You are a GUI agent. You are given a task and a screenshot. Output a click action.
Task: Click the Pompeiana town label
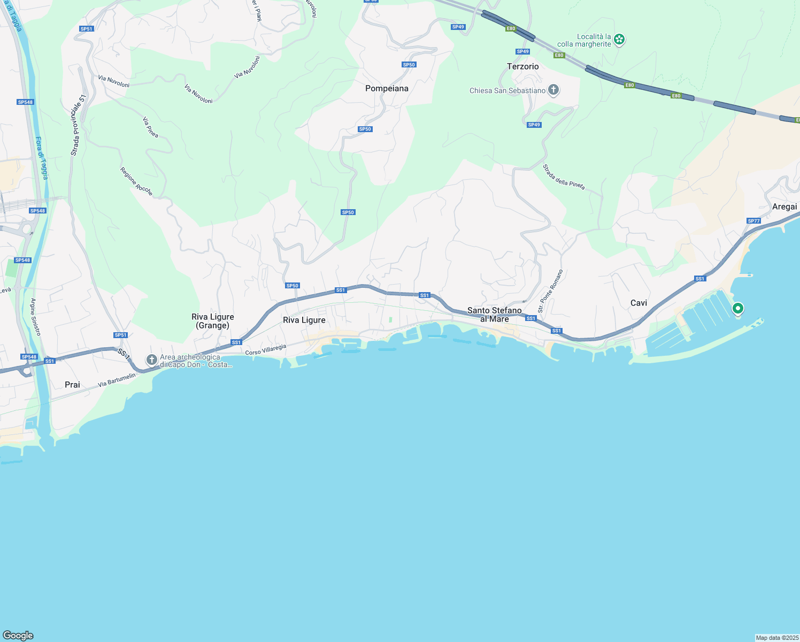[x=387, y=88]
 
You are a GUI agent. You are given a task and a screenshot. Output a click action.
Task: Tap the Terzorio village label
[x=522, y=66]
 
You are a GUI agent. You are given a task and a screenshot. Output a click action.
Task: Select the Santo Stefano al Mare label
[x=494, y=315]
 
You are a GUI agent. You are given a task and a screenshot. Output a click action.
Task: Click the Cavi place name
[x=639, y=303]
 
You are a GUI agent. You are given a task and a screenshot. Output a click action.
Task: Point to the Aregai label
[x=784, y=207]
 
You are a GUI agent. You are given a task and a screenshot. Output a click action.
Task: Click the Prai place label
[x=72, y=385]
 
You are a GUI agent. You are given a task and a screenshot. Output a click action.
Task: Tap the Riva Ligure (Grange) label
[x=213, y=321]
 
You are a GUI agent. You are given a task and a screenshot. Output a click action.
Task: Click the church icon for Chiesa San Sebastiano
[x=553, y=90]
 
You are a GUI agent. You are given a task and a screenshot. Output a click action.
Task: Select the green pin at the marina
[x=737, y=309]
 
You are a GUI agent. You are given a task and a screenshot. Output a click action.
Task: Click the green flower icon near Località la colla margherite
[x=619, y=39]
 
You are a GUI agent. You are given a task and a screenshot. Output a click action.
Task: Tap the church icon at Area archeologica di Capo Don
[x=152, y=360]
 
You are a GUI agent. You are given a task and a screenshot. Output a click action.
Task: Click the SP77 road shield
[x=753, y=221]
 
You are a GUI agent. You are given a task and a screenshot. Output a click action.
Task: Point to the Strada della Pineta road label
[x=564, y=177]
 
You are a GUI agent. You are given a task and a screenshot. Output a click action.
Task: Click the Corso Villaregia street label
[x=266, y=350]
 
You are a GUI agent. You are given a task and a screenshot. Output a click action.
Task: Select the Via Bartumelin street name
[x=117, y=380]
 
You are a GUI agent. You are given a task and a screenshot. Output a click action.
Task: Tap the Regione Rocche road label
[x=136, y=181]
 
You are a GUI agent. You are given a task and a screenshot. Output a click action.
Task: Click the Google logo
[x=18, y=635]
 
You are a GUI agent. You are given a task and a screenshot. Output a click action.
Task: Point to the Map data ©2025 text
[x=777, y=638]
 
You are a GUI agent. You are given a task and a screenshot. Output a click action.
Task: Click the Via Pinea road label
[x=151, y=127]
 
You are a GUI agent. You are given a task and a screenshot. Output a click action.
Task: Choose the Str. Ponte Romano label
[x=550, y=291]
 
